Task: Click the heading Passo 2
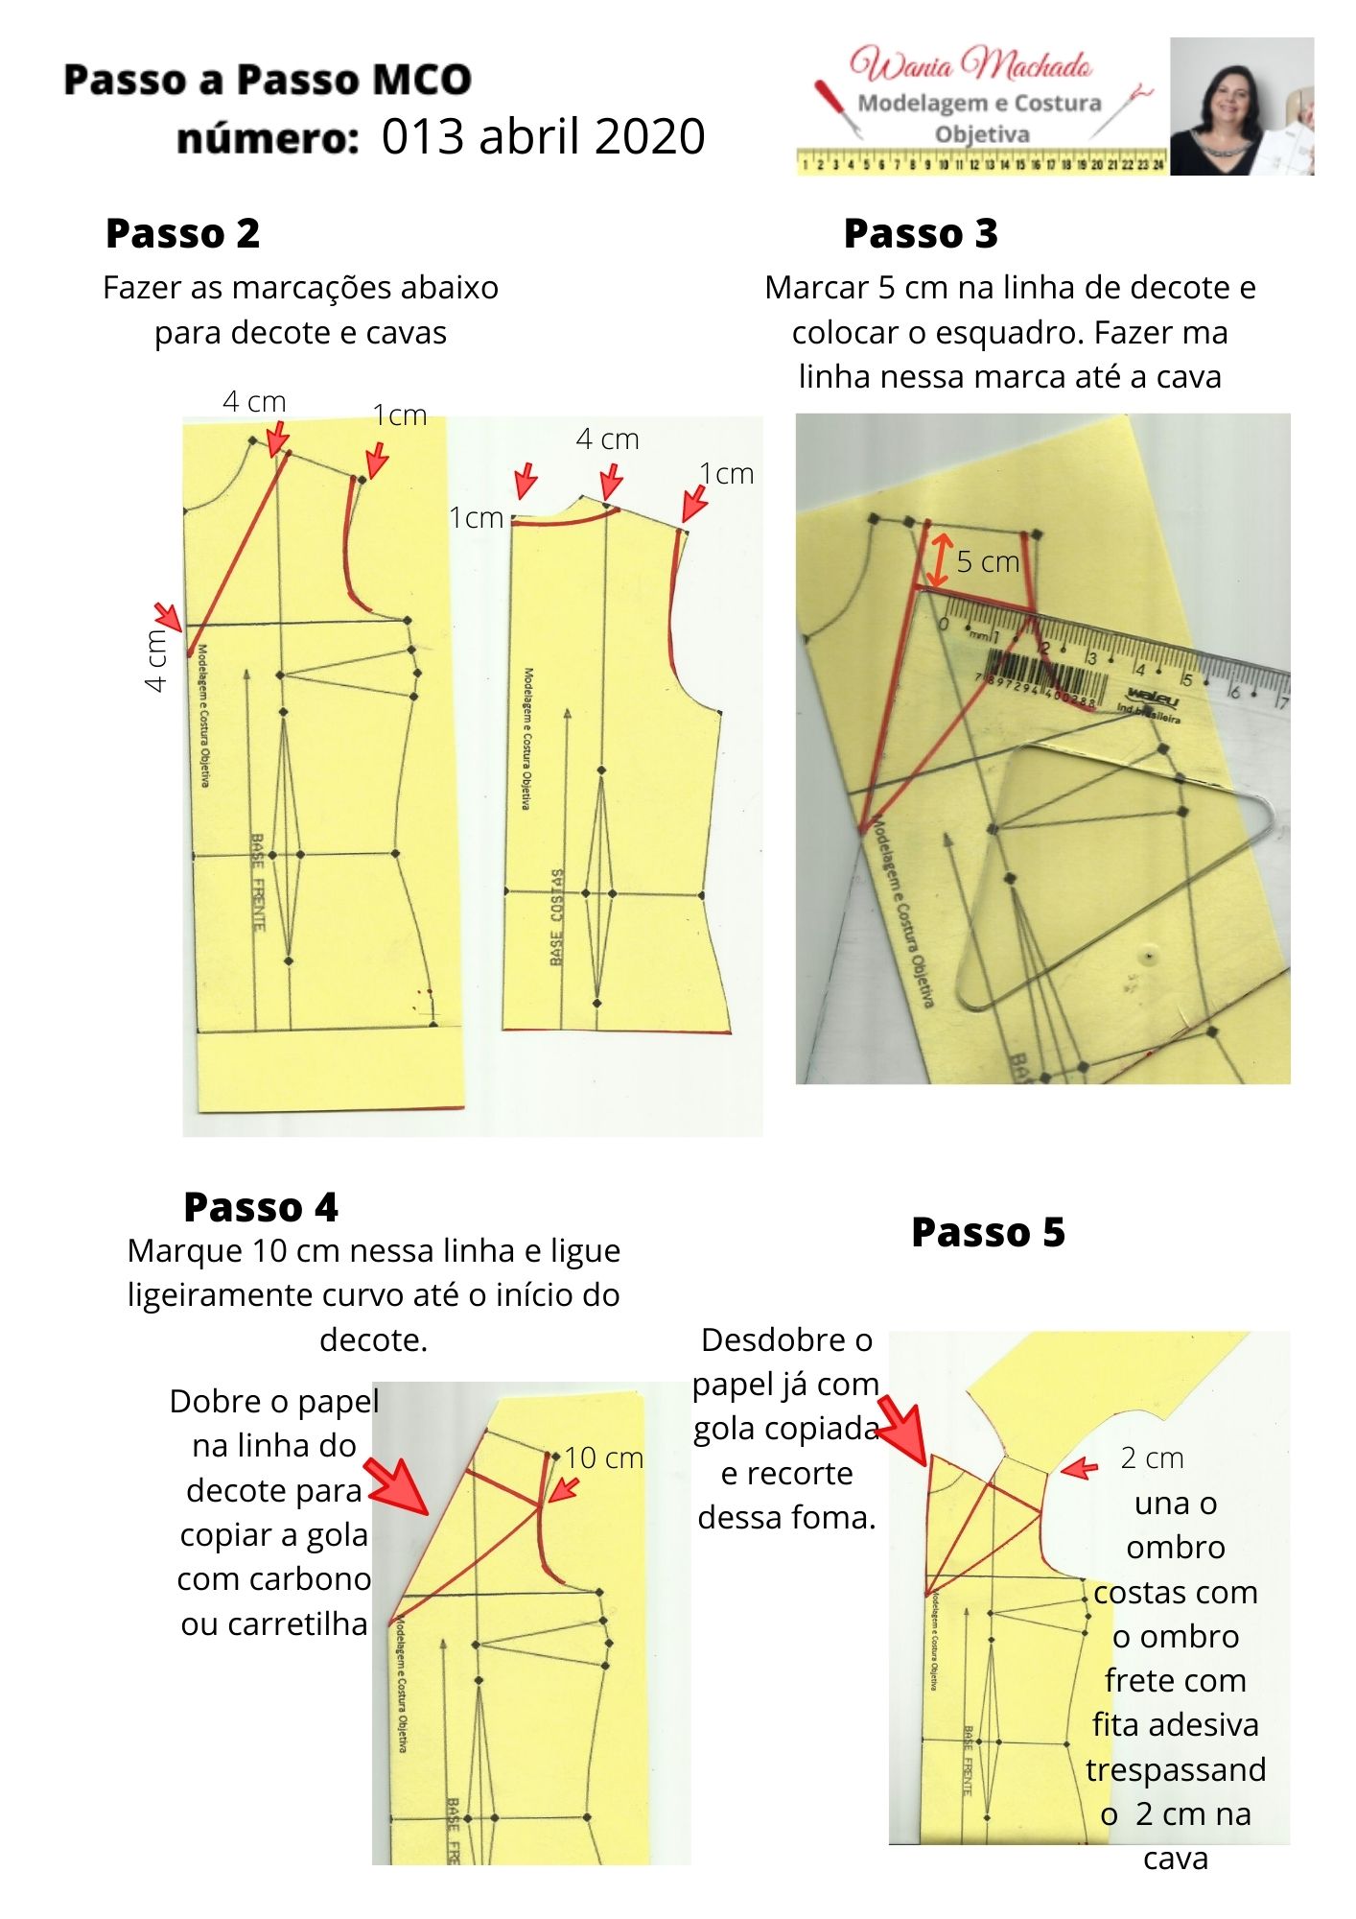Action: (x=182, y=233)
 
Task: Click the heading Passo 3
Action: (x=921, y=233)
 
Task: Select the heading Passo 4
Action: (x=261, y=1207)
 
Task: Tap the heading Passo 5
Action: (x=988, y=1232)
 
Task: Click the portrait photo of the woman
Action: (x=1241, y=107)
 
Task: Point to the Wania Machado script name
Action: (x=970, y=65)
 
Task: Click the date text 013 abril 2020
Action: (x=543, y=136)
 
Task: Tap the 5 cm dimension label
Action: (x=988, y=562)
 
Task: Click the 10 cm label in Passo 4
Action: (x=603, y=1457)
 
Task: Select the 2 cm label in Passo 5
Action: (x=1152, y=1458)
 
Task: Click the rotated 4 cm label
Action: (x=155, y=660)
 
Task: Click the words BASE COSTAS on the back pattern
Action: (x=557, y=917)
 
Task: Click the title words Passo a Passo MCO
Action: (x=268, y=80)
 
